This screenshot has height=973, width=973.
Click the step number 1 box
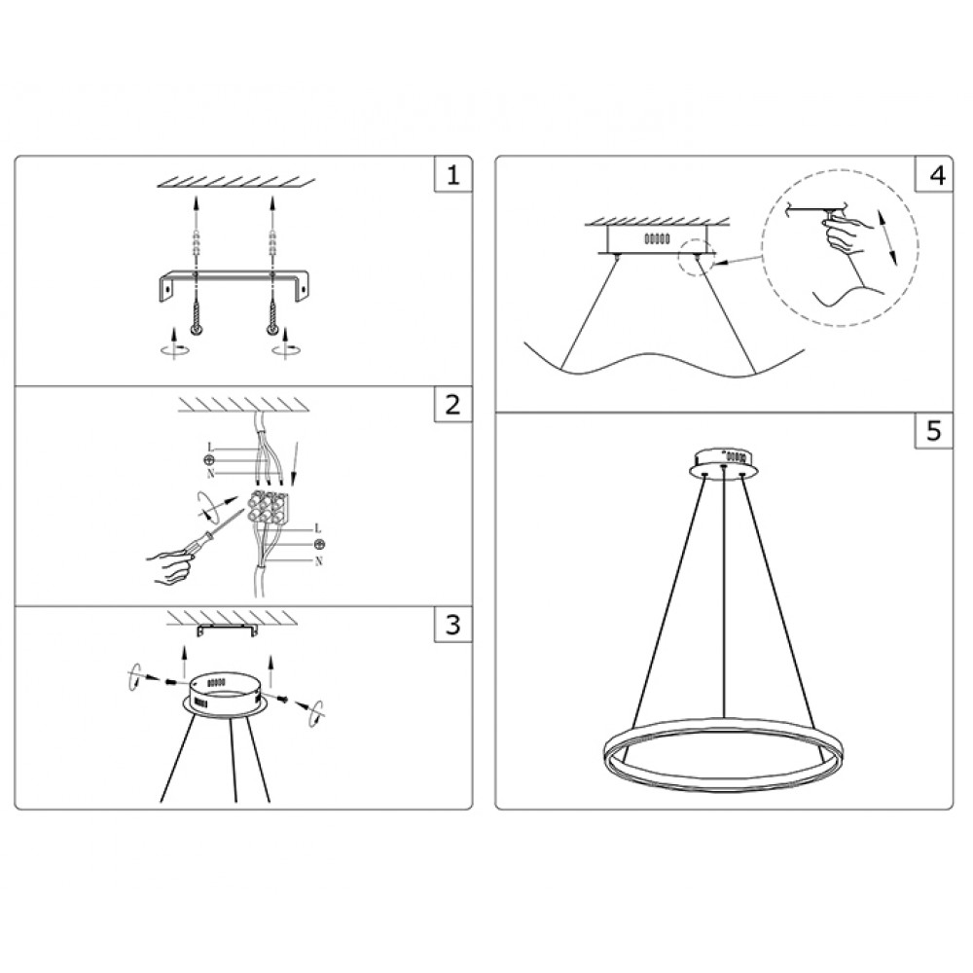point(451,176)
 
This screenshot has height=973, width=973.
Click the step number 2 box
point(451,405)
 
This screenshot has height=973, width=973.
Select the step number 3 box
point(451,625)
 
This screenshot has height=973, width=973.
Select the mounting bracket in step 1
point(233,281)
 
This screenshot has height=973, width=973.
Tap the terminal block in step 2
point(270,506)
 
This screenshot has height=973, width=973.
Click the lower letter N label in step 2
point(319,562)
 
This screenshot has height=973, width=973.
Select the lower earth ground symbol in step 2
point(319,544)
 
